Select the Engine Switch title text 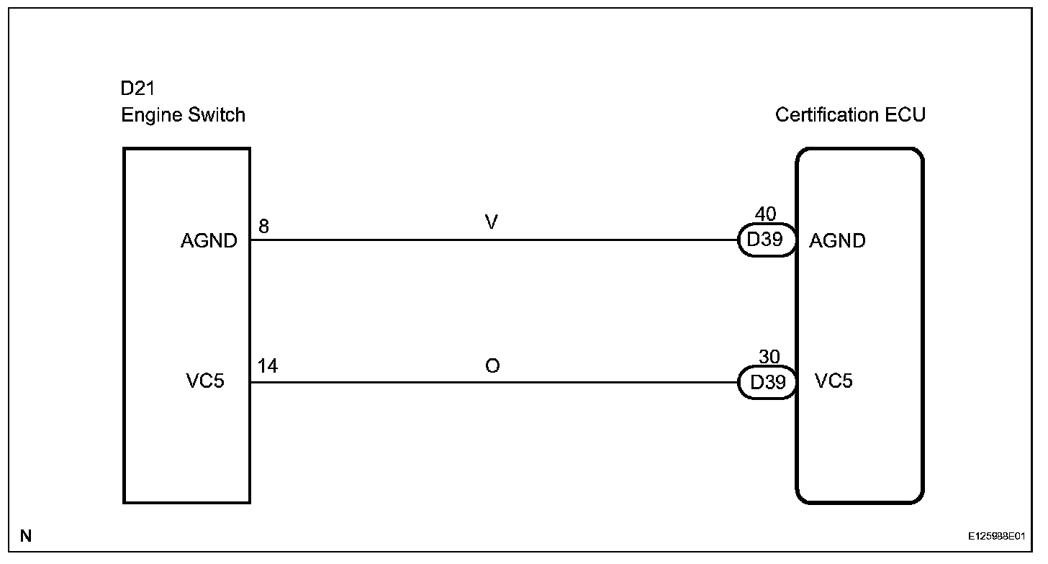[183, 115]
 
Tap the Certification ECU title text [850, 115]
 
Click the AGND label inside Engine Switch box [209, 241]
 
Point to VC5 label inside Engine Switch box [204, 381]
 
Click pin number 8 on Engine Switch [263, 226]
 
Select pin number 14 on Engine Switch [268, 367]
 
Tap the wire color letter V [492, 223]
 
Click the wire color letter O [492, 366]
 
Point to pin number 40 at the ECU [766, 214]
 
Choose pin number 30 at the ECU [769, 357]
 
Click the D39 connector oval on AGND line [766, 240]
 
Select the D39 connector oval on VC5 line [767, 382]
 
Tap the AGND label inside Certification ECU [837, 241]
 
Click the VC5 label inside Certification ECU [834, 381]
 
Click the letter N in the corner [26, 535]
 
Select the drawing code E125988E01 [995, 537]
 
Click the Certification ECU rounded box [859, 446]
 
